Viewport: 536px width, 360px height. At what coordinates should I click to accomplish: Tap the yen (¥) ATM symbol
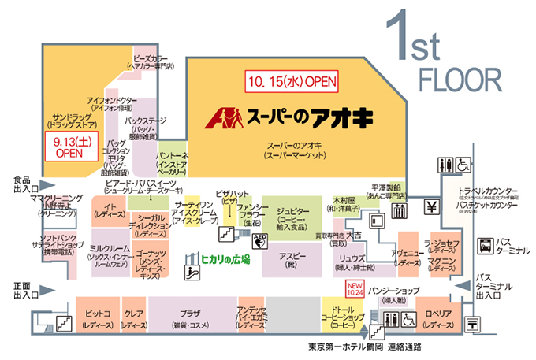[x=433, y=207]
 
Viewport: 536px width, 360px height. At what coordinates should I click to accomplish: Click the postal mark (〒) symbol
[x=472, y=323]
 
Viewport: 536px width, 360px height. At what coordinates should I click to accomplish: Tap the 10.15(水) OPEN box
[x=292, y=80]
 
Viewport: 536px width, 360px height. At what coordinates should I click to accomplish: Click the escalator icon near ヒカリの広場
[x=190, y=274]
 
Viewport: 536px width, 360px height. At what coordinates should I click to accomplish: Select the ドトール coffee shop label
[x=341, y=314]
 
